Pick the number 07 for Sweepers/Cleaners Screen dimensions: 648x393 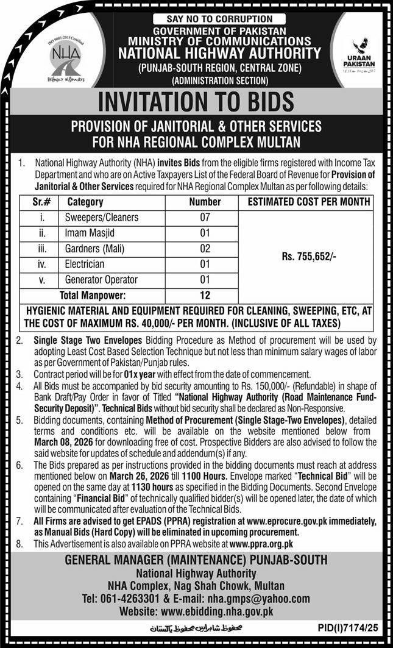click(204, 217)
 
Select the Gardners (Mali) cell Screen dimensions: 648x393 click(95, 249)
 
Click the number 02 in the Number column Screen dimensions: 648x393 click(204, 249)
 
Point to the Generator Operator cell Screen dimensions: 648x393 click(101, 280)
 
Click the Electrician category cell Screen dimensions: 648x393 click(85, 265)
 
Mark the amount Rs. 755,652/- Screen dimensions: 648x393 click(308, 258)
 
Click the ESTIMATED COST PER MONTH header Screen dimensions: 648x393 click(308, 202)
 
